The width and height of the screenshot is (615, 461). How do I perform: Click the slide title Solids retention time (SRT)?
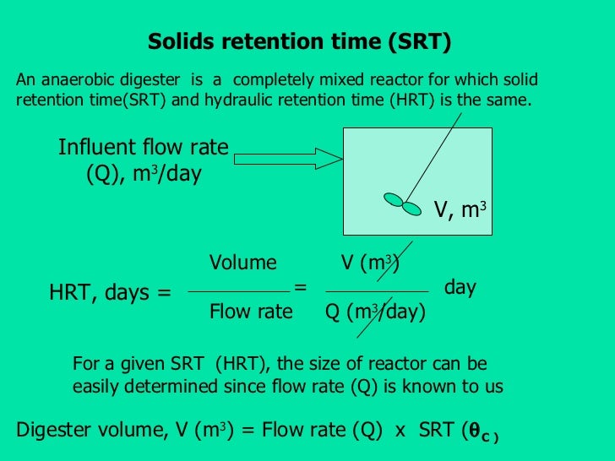pyautogui.click(x=300, y=42)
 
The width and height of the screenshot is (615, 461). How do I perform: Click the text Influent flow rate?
pyautogui.click(x=144, y=148)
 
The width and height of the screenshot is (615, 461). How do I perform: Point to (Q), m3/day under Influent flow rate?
pyautogui.click(x=144, y=175)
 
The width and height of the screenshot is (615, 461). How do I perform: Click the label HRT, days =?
pyautogui.click(x=110, y=293)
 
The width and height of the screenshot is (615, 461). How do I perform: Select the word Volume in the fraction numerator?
pyautogui.click(x=242, y=263)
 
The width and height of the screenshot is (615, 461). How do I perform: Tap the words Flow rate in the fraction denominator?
pyautogui.click(x=251, y=312)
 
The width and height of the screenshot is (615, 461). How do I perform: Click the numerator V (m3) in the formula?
pyautogui.click(x=369, y=263)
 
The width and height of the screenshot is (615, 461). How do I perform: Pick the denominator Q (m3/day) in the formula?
pyautogui.click(x=375, y=312)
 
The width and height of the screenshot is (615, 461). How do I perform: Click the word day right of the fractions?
pyautogui.click(x=460, y=287)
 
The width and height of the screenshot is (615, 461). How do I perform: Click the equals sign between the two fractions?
pyautogui.click(x=300, y=287)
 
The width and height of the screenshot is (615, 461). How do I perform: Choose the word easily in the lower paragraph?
pyautogui.click(x=96, y=387)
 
